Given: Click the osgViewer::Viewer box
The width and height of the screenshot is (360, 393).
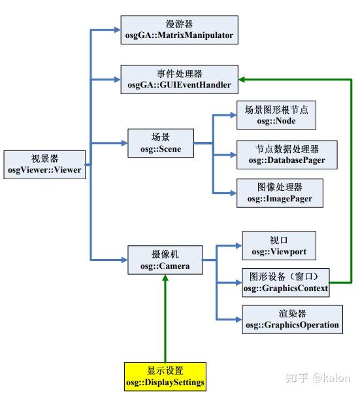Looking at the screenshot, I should [x=44, y=163].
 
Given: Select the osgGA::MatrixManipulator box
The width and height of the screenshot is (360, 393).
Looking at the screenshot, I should [x=178, y=30].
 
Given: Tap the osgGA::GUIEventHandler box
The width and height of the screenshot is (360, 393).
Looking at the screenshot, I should [x=178, y=79].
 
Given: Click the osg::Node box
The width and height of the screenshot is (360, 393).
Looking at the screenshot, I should [x=276, y=116].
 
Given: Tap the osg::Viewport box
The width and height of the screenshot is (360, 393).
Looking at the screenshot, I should [x=279, y=245].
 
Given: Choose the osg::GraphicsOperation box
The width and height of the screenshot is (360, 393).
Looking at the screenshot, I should [x=292, y=319].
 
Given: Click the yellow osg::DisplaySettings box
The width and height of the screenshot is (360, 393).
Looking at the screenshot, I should [x=165, y=377].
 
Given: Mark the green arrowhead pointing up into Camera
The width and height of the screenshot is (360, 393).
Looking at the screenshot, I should [x=165, y=277].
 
